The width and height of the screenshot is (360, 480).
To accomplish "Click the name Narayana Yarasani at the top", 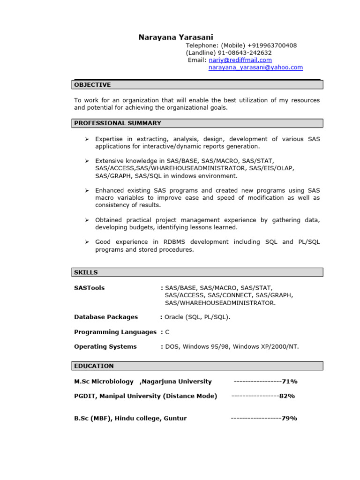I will (x=176, y=37).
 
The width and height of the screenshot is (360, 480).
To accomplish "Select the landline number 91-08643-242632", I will (x=245, y=53).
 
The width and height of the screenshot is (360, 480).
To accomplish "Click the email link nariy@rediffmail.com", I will (x=240, y=60).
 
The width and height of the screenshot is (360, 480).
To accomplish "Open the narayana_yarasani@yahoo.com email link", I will (x=255, y=67).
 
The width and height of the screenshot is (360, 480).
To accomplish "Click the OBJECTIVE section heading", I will (x=92, y=85).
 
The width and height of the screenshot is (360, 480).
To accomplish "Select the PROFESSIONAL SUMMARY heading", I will (x=118, y=123).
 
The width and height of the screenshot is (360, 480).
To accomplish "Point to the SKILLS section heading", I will (x=86, y=272).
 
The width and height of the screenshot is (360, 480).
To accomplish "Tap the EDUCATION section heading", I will (x=94, y=366).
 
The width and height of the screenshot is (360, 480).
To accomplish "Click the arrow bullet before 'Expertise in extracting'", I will (x=87, y=140).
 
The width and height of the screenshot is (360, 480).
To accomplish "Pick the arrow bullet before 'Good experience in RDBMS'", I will (x=87, y=242).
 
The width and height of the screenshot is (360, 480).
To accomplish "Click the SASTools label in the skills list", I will (x=90, y=288).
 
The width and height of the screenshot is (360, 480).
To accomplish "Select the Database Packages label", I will (x=106, y=317).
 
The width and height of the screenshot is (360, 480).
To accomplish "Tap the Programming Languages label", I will (x=115, y=332).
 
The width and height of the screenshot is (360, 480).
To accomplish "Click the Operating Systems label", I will (x=105, y=346).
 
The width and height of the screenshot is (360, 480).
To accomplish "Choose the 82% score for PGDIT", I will (x=287, y=396).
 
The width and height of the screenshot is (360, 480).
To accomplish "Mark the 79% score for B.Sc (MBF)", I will (x=289, y=418).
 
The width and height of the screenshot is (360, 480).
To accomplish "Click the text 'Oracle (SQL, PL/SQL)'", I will (x=197, y=317).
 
